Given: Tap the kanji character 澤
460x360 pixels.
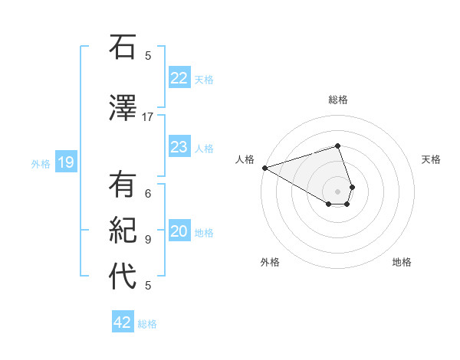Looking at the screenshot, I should (x=123, y=108).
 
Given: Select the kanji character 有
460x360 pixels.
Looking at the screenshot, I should (x=123, y=187).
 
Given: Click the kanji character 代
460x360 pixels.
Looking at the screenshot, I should (x=123, y=277).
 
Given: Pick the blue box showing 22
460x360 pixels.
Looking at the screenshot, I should (x=179, y=78).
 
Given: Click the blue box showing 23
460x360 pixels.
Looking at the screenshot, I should (x=179, y=147).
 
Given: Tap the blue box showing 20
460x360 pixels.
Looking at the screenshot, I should (x=179, y=232).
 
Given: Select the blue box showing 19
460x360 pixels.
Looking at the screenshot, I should (x=66, y=162).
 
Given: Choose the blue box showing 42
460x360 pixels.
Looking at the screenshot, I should (x=123, y=322).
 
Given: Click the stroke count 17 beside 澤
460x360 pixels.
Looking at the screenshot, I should (x=148, y=116).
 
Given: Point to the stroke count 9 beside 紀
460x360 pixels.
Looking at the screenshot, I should (x=148, y=239).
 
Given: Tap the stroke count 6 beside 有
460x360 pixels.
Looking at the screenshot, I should (x=148, y=194).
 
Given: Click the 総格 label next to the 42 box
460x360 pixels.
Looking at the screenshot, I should (x=147, y=324).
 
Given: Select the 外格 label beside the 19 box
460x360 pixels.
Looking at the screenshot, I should (x=41, y=163).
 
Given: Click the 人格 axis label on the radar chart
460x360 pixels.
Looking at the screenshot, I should (x=245, y=159).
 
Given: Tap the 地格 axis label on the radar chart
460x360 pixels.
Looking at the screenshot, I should (x=402, y=262).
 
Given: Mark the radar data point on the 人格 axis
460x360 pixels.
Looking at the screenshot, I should (x=264, y=167).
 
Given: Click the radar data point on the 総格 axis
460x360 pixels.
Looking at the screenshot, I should (x=337, y=146).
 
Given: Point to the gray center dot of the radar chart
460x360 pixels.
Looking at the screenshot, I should (x=337, y=191).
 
